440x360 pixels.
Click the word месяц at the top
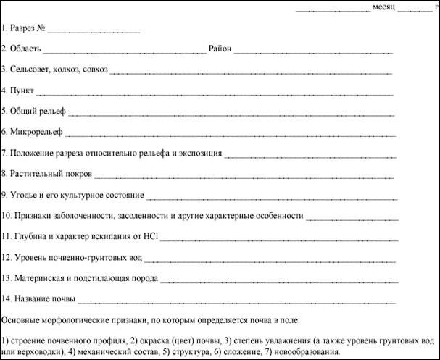point(383,7)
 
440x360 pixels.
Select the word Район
point(219,50)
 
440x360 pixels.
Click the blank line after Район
point(312,52)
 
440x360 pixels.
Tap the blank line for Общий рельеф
point(231,114)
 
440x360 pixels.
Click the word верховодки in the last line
point(36,352)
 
